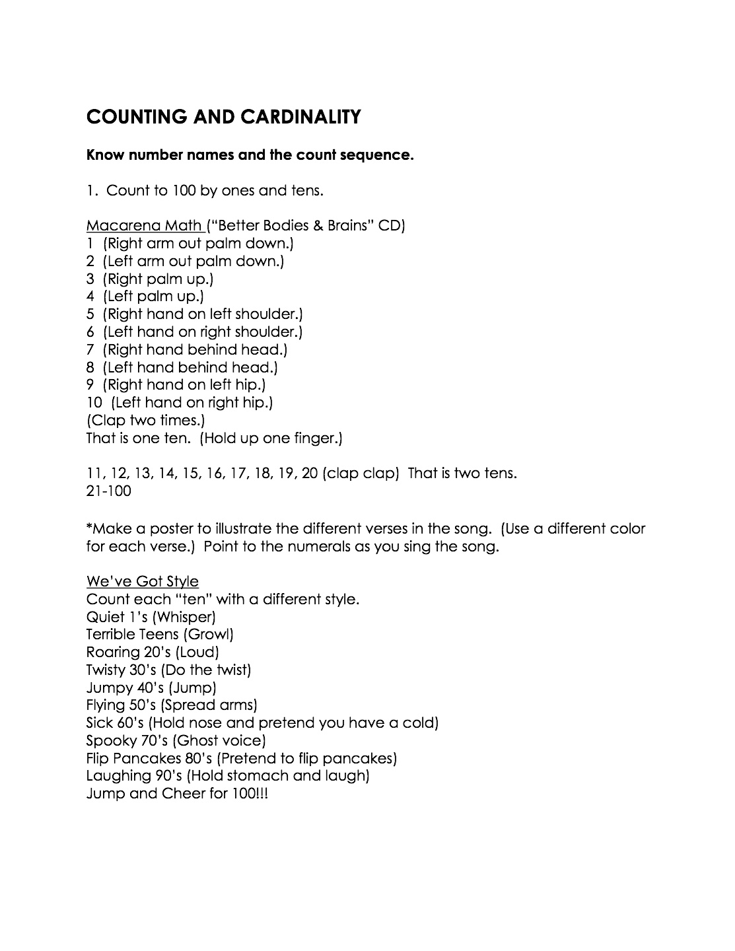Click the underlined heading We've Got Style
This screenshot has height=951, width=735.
142,581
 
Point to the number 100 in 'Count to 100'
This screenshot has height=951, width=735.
184,191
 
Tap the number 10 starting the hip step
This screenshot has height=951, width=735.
95,402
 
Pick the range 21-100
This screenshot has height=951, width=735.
108,491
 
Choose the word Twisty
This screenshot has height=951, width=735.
106,670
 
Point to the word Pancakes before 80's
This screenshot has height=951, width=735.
145,758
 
